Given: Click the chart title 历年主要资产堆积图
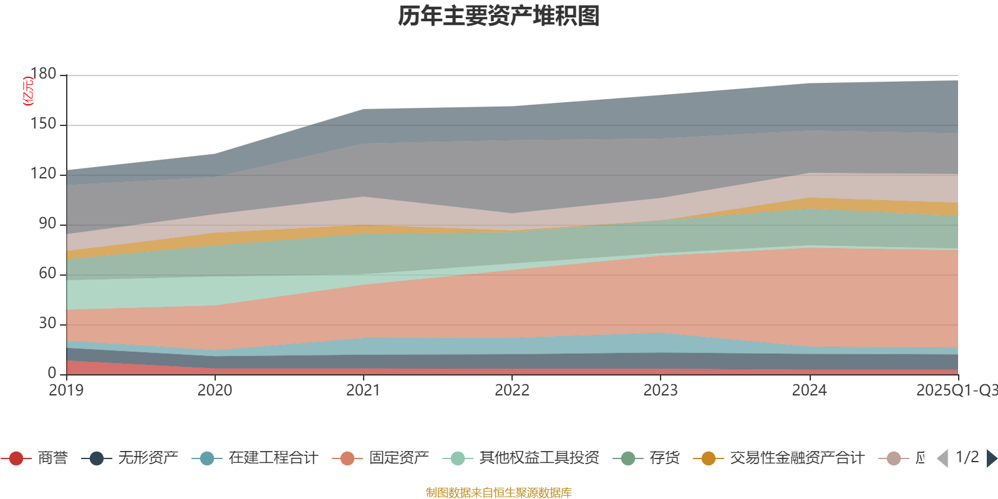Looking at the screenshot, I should point(499,16).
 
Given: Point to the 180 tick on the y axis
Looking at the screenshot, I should point(43,74).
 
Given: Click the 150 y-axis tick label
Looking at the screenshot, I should point(43,124).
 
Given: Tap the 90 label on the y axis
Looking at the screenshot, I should point(47,224).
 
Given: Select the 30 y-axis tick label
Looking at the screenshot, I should point(47,324).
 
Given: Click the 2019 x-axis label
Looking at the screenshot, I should point(66,390).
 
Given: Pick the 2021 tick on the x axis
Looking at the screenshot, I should point(363,390).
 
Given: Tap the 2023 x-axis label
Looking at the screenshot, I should point(661,390).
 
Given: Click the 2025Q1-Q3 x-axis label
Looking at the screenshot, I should point(956,390).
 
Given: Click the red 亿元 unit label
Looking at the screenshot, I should point(27,91).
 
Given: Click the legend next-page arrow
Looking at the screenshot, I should point(991,458).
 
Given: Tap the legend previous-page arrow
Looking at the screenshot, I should point(942,458).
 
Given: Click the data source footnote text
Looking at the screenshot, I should point(499,493).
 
